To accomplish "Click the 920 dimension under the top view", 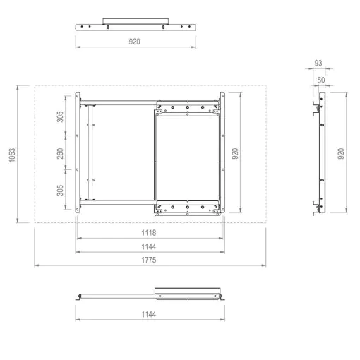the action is pos(134,42).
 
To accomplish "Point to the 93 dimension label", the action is pos(318,63).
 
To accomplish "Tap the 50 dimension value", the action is pos(321,80).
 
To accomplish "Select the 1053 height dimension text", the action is pos(12,155).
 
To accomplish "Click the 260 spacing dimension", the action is pos(60,153).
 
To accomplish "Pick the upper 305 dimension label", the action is pos(60,116).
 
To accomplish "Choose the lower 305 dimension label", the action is pos(60,190).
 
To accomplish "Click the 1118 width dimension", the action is pos(149,233).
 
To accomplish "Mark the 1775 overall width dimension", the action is pos(149,260).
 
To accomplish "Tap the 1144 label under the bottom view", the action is pos(149,314).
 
